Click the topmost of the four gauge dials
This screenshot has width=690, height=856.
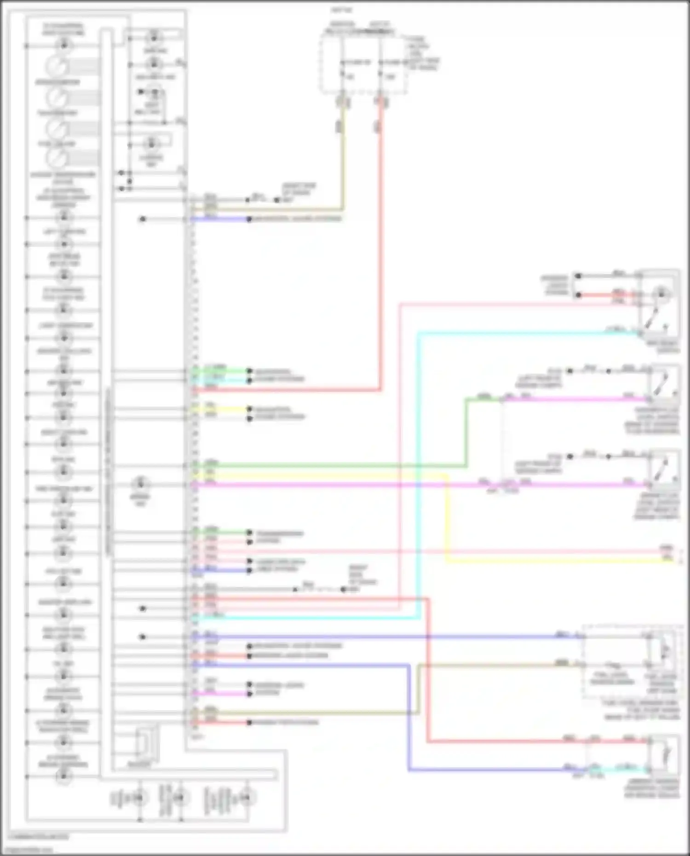[57, 67]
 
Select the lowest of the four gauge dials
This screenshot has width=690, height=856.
[57, 158]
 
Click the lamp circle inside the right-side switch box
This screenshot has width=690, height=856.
[661, 293]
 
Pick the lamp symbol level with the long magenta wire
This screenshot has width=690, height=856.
[140, 484]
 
